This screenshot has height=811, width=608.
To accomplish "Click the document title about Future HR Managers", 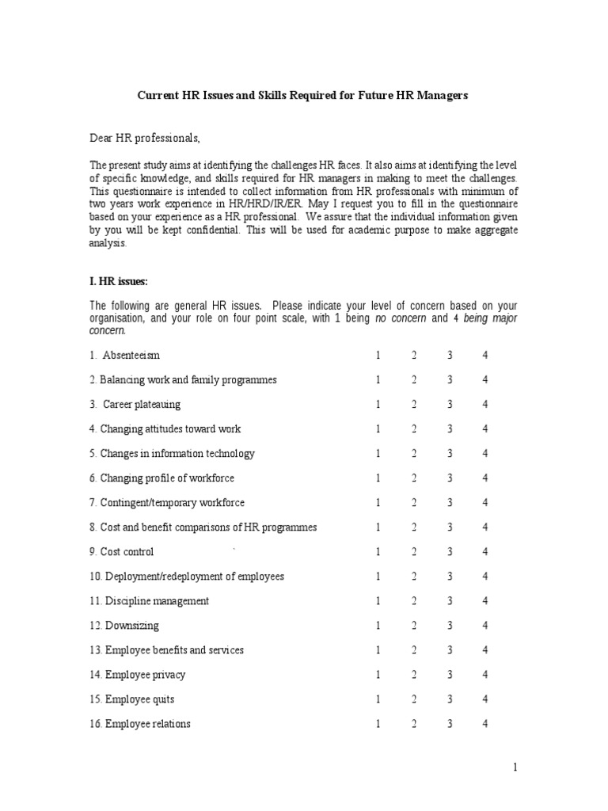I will [303, 95].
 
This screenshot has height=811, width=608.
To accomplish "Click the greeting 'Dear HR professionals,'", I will [145, 139].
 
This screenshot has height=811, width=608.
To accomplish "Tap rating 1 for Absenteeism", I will [378, 355].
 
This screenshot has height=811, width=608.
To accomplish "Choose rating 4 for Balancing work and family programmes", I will [485, 380].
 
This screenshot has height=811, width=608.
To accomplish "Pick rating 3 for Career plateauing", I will [450, 405].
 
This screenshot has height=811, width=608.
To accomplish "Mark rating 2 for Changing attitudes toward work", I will [414, 429].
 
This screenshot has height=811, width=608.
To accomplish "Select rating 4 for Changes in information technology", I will [485, 454].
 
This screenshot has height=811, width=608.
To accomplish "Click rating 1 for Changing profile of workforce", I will [378, 478].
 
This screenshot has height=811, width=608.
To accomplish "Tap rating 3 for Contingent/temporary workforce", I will [450, 503].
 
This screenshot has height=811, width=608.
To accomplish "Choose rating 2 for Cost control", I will [414, 552].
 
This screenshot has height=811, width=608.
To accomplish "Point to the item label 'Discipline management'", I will [156, 601].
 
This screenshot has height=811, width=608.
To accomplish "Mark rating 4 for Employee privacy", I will [485, 675].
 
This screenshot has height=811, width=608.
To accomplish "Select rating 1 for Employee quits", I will [378, 699].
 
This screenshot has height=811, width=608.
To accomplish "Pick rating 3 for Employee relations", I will [450, 724].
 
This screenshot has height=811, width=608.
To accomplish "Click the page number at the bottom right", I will [515, 767].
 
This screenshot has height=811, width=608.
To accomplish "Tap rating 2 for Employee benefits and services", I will [414, 650].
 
